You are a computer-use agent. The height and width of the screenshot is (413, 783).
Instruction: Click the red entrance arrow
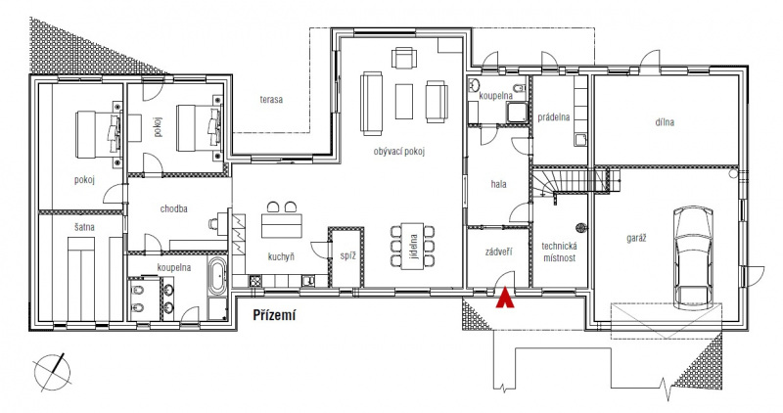click(505, 298)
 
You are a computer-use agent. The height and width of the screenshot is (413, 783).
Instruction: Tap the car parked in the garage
click(693, 256)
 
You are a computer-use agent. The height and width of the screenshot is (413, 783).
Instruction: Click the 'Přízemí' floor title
click(274, 315)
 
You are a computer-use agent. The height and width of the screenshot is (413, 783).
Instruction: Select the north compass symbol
click(52, 372)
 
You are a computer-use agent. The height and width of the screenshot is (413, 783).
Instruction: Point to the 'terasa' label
click(271, 100)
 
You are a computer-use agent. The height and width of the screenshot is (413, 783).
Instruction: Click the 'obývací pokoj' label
click(399, 152)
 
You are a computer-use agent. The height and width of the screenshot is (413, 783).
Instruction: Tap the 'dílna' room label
click(665, 122)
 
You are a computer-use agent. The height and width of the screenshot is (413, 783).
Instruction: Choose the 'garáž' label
click(637, 238)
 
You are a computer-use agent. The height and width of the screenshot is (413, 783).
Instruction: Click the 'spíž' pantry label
click(347, 256)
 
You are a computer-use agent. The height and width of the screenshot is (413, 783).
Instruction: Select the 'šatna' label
click(84, 227)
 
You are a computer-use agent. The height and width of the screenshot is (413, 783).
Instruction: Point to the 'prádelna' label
click(554, 117)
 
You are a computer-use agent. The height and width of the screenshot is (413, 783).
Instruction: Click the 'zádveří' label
click(499, 252)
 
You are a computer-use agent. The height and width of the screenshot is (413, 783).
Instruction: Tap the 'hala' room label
click(498, 184)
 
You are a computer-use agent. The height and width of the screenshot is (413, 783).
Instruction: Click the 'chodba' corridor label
click(174, 208)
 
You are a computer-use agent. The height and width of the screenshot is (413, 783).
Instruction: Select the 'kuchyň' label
click(281, 257)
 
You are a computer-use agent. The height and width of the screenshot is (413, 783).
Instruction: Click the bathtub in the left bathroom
click(216, 276)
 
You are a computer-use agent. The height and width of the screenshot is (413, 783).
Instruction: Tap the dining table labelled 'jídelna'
click(413, 247)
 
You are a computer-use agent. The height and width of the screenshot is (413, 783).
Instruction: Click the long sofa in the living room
click(372, 104)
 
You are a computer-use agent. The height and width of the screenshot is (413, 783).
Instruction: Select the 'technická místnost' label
click(559, 252)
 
